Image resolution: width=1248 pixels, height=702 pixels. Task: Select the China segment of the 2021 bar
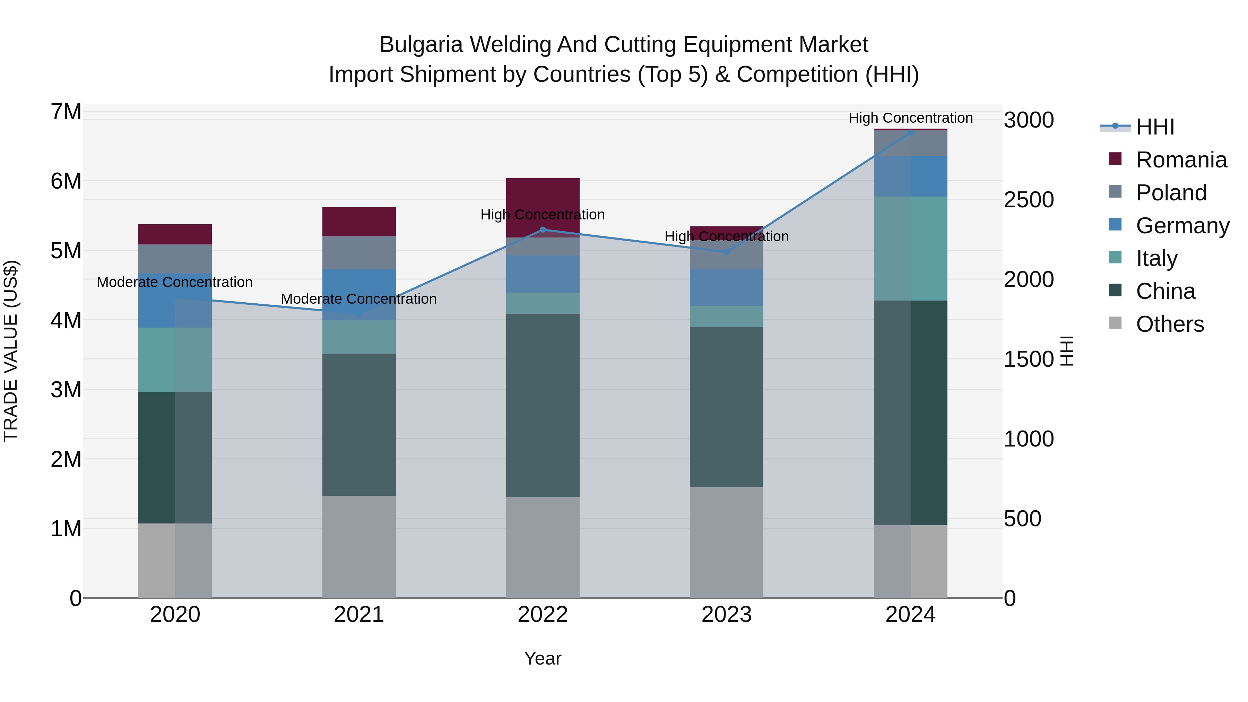click(359, 424)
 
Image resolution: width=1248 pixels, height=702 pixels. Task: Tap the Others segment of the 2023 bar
click(726, 542)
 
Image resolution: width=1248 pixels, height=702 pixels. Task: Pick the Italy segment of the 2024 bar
click(910, 249)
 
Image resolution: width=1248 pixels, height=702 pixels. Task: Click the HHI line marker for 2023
click(726, 252)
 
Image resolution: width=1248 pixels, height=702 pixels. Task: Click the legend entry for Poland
click(1170, 193)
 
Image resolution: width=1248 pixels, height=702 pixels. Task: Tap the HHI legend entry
click(1154, 127)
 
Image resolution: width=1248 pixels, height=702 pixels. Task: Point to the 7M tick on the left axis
click(66, 112)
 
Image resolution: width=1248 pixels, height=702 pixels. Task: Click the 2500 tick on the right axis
click(1029, 200)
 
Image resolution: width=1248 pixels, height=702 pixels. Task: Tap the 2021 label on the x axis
click(359, 615)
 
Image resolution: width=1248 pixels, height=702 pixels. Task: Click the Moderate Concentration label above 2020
click(175, 282)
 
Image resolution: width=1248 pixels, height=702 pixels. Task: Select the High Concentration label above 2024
click(910, 118)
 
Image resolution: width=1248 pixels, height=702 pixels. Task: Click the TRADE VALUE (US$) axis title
click(11, 351)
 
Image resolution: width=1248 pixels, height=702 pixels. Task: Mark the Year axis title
click(543, 658)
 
